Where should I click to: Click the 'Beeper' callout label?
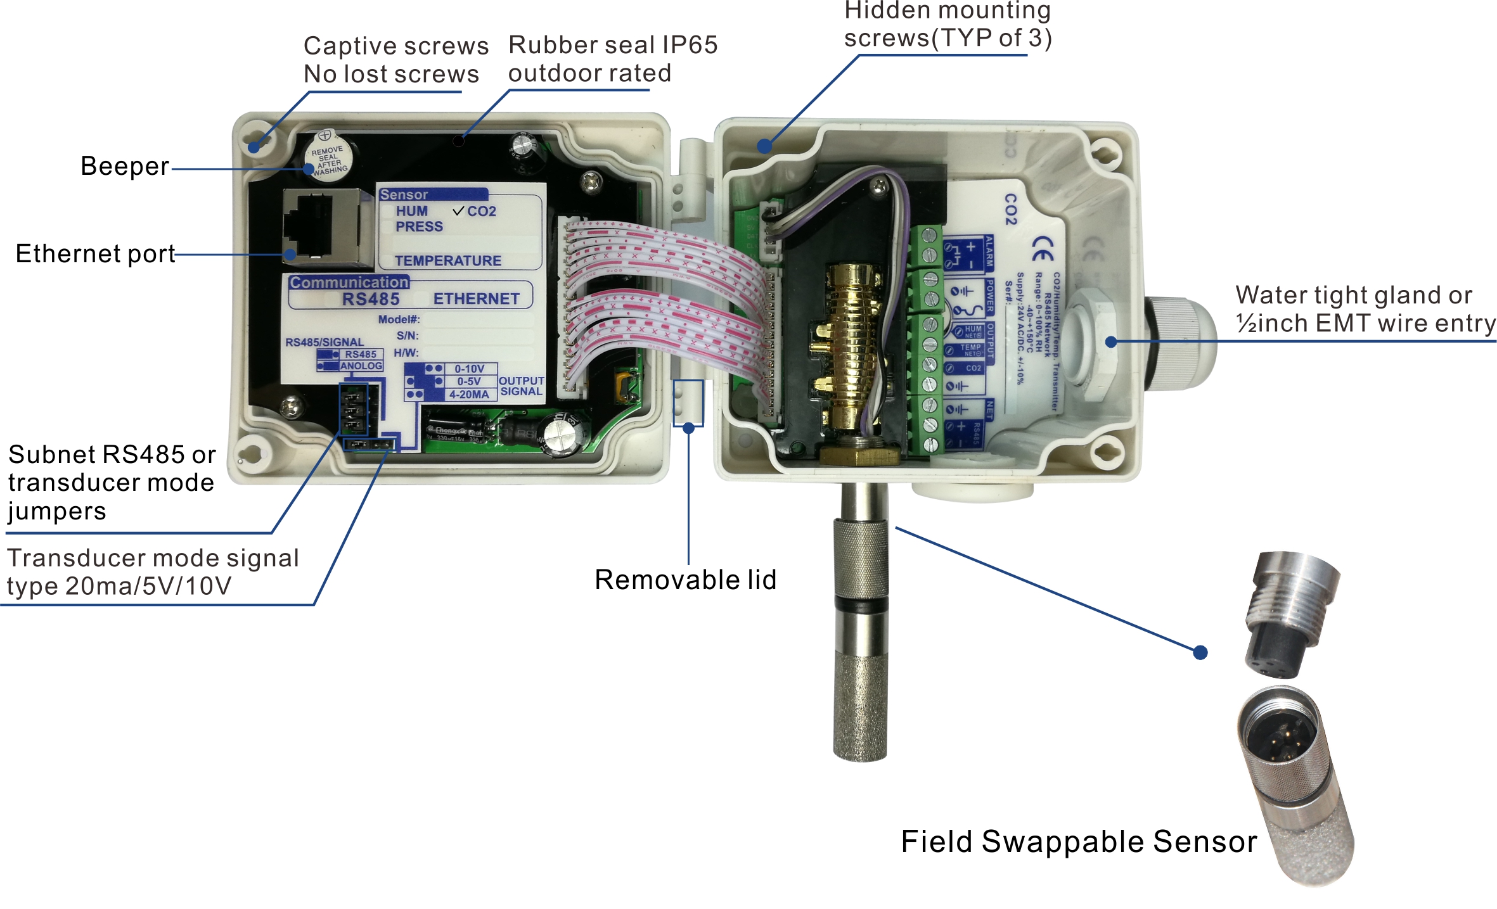click(125, 167)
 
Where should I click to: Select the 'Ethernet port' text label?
click(95, 254)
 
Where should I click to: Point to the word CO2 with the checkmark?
click(482, 212)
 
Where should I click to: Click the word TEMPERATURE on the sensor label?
click(447, 261)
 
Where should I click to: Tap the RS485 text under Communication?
click(371, 299)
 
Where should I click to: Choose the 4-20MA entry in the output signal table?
click(469, 395)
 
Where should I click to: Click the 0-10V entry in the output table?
click(469, 369)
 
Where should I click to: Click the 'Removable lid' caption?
click(685, 580)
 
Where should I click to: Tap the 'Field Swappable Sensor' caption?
click(1079, 842)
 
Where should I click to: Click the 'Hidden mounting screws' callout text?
click(948, 25)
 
